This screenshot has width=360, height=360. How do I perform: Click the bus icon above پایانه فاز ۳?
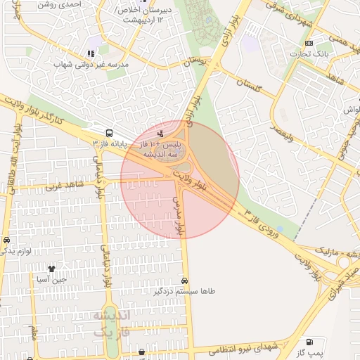[x=109, y=132]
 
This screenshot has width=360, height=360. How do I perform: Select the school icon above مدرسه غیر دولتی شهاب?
[x=90, y=53]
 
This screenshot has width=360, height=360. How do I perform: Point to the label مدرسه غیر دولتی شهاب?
[x=89, y=64]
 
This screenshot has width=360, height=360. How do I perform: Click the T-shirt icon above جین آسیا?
[x=51, y=269]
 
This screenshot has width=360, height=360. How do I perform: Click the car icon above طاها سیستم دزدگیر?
[x=185, y=280]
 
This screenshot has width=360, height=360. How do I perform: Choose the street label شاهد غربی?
[x=64, y=186]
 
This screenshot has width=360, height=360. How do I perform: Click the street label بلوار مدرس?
[x=179, y=215]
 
